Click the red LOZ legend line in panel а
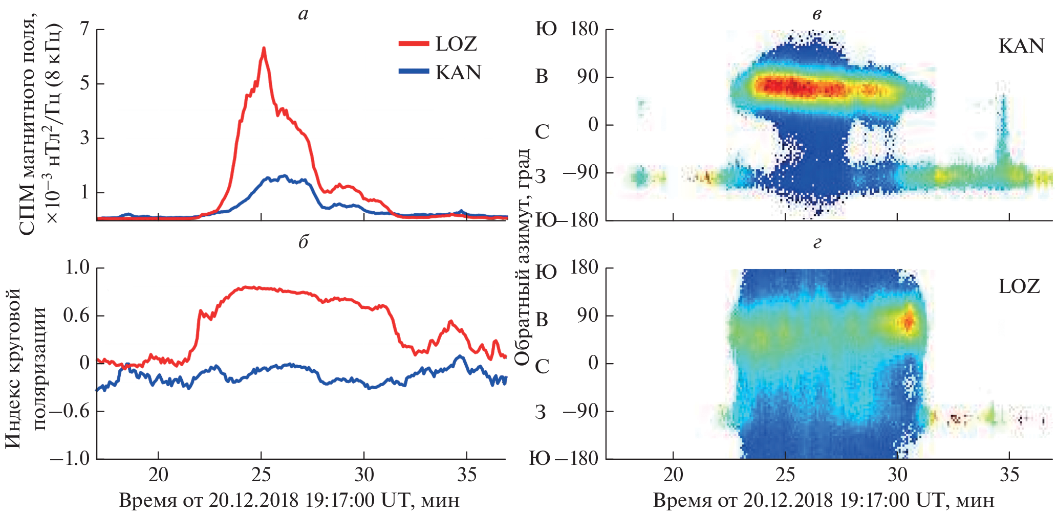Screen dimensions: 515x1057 pos(414,44)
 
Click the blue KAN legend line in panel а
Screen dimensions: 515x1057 pos(414,72)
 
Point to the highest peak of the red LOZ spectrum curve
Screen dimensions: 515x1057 pos(264,49)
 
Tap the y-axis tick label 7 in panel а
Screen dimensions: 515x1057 pos(85,29)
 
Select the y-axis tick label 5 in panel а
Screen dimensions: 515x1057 pos(85,83)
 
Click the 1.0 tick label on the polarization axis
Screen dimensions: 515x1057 pos(77,267)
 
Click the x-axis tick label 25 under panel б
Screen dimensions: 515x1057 pos(261,476)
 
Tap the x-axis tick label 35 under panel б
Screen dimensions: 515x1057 pos(467,476)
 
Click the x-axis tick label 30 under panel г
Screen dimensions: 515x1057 pos(897,476)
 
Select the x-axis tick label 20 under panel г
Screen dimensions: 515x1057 pos(673,476)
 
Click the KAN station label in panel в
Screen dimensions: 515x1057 pos(1021,47)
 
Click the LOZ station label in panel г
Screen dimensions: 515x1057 pos(1019,286)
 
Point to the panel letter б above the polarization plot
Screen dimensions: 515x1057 pos(303,242)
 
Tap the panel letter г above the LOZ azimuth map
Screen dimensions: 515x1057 pos(817,242)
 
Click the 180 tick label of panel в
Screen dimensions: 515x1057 pos(585,29)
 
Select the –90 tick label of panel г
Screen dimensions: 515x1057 pos(580,411)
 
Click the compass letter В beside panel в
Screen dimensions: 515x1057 pos(542,77)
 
